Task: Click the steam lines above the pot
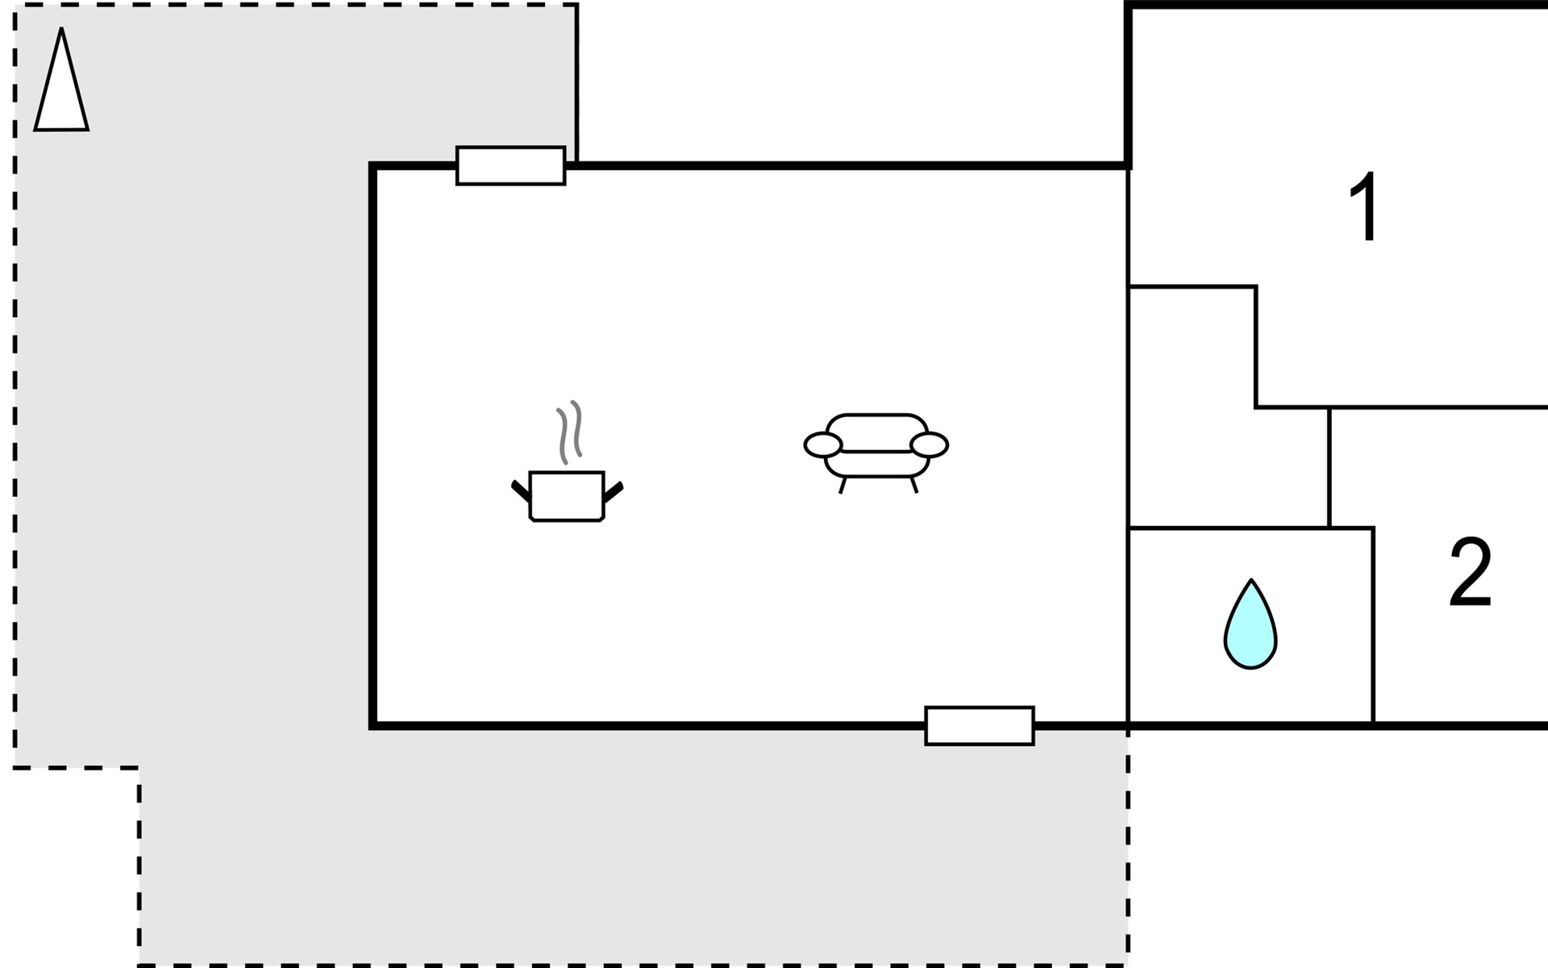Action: (x=569, y=432)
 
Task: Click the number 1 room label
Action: (x=1365, y=207)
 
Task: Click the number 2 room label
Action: (x=1470, y=574)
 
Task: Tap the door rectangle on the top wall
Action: (x=510, y=165)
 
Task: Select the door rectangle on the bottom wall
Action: (x=979, y=725)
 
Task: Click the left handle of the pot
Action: (x=520, y=490)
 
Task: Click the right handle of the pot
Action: (x=614, y=490)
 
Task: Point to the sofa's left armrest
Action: (x=822, y=444)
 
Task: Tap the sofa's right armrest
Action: (x=929, y=444)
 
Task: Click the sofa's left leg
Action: (x=843, y=485)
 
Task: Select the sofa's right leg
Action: (x=913, y=485)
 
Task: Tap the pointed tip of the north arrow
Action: (x=61, y=31)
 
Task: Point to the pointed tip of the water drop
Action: (x=1250, y=582)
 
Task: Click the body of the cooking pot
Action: (x=567, y=496)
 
